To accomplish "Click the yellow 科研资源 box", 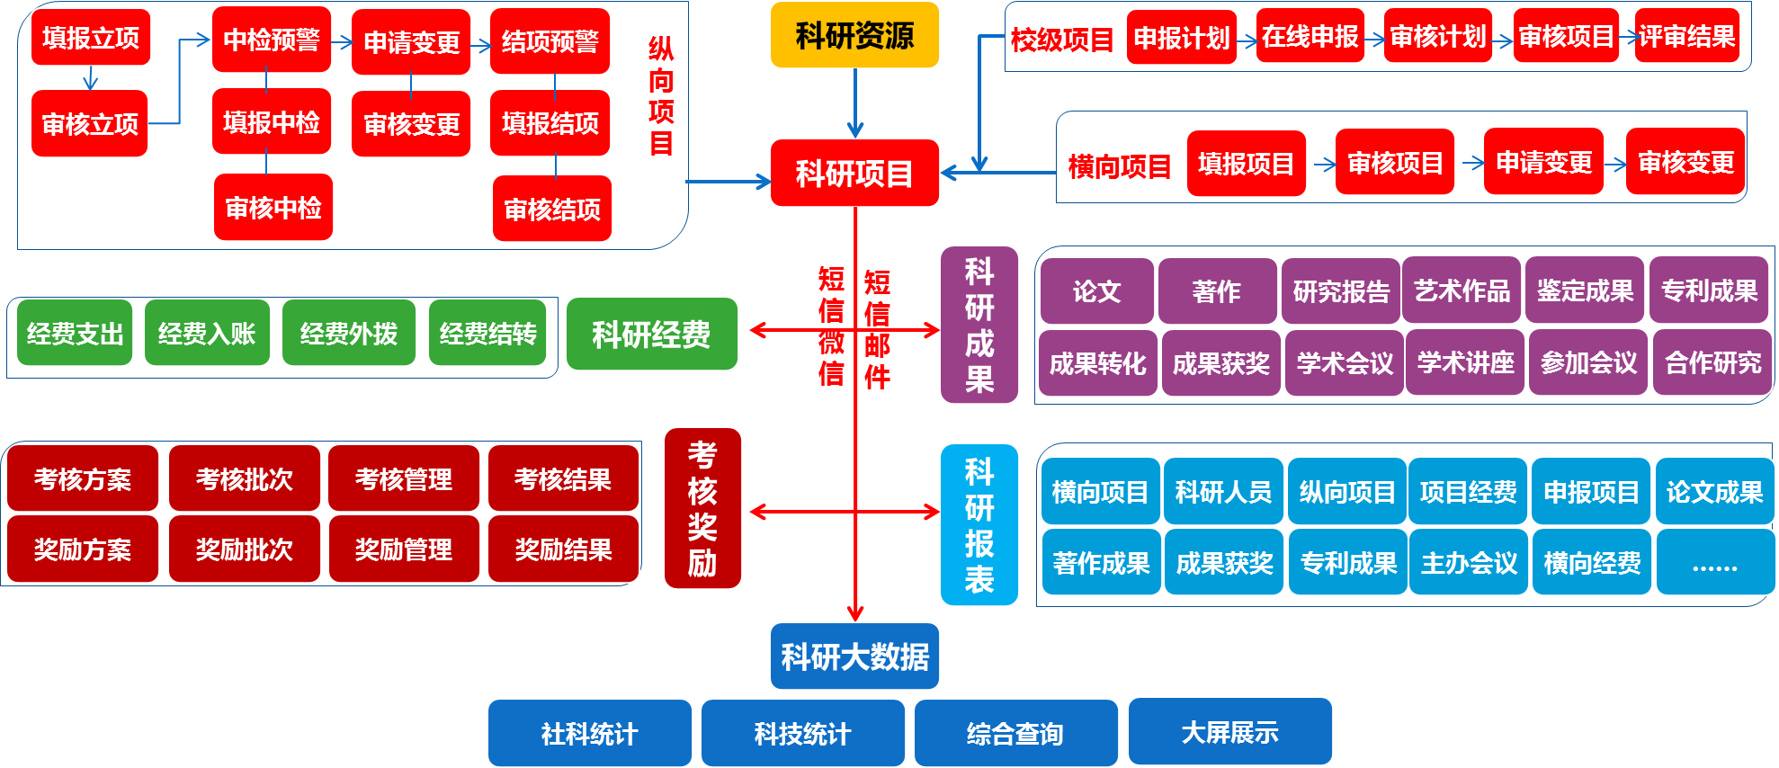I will click(854, 35).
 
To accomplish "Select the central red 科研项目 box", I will click(854, 173).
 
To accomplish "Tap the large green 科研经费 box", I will click(651, 335).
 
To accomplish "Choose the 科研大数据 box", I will click(854, 656).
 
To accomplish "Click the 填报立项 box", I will click(91, 38).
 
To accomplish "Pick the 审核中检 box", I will click(273, 208).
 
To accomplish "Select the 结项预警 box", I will click(550, 41).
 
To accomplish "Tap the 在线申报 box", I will click(1310, 36).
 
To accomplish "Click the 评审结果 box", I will click(1686, 36).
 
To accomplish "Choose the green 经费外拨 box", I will click(349, 334).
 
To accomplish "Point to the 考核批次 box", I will click(245, 479).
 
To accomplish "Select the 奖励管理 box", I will click(404, 549).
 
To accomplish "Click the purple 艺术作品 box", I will click(1462, 290).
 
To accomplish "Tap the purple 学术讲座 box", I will click(1465, 362).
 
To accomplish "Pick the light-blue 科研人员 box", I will click(1223, 492).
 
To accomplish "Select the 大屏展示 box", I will click(1229, 732).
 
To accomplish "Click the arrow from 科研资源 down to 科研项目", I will click(855, 103).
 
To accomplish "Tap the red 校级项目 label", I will click(1061, 40).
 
